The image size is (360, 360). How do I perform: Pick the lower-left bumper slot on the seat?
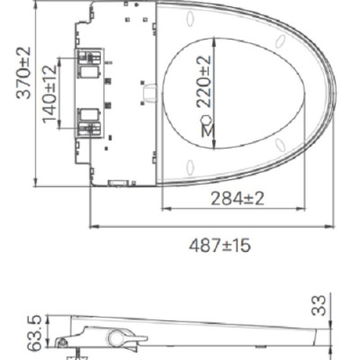click(192, 164)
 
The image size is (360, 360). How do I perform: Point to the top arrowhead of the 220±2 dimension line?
click(214, 36)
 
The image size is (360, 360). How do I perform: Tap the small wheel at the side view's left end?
click(61, 341)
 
